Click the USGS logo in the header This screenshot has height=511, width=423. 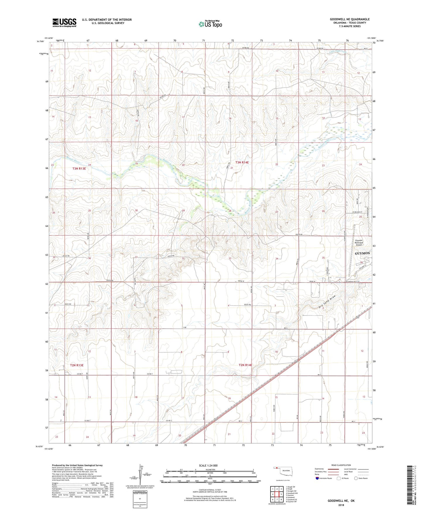tap(64, 23)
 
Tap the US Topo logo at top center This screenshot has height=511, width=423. tap(210, 24)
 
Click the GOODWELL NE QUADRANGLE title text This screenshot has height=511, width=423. tap(350, 19)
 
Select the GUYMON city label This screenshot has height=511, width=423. tap(362, 253)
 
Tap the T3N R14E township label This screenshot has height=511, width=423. tap(242, 162)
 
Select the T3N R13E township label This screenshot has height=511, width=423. tap(79, 169)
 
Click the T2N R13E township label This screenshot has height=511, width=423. tap(77, 365)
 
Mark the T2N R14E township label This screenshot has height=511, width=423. tap(245, 365)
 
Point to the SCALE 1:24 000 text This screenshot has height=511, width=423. tap(208, 465)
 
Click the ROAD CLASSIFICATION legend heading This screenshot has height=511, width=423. tap(341, 465)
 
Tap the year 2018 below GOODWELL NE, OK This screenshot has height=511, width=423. tap(341, 505)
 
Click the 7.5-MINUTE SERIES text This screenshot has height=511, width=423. tap(350, 26)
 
